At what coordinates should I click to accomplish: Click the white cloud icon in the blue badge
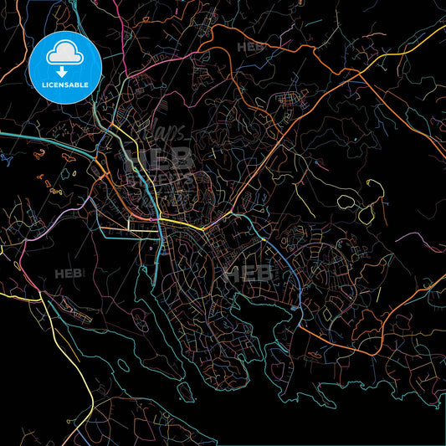click(64, 53)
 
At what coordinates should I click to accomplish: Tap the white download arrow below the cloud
click(64, 73)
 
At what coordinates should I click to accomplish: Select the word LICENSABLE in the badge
click(64, 85)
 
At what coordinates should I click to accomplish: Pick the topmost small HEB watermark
click(249, 49)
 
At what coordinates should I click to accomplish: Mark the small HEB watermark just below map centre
click(248, 273)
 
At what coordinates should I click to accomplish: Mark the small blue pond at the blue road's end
click(295, 308)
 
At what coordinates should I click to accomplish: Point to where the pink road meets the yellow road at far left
click(38, 295)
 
